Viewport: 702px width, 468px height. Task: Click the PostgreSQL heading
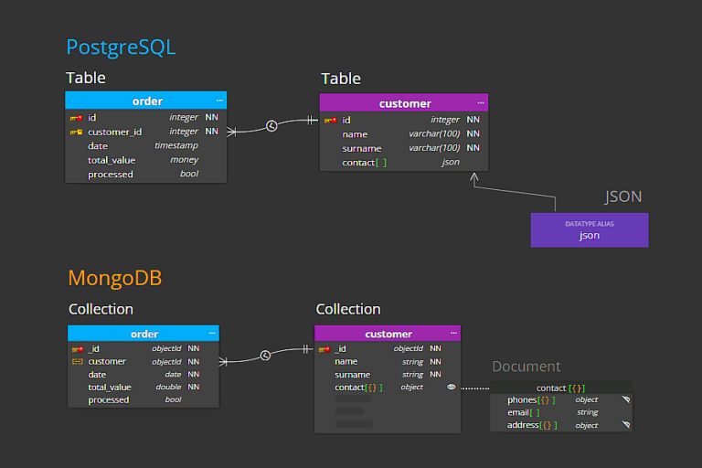coord(121,48)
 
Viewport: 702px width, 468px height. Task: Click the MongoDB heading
coord(114,278)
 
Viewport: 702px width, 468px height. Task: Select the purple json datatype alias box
coord(590,230)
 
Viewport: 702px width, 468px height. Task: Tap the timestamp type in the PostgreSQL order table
coord(175,145)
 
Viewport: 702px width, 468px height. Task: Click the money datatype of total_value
coord(184,160)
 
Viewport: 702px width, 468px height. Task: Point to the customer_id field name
coord(114,132)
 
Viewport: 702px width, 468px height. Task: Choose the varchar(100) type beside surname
coord(434,148)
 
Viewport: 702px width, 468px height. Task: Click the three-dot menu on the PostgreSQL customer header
coord(481,103)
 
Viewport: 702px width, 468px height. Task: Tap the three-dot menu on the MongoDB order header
coord(212,334)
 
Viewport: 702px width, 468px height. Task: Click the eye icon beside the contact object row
coord(452,387)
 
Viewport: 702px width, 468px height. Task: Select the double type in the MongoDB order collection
coord(168,387)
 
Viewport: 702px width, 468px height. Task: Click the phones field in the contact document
coord(522,400)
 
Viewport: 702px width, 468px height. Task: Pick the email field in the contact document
coord(518,412)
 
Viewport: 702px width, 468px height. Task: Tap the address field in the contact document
coord(523,425)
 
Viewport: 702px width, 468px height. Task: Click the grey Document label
coord(526,367)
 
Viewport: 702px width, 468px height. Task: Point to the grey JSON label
coord(622,197)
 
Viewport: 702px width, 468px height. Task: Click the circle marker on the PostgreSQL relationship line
coord(271,126)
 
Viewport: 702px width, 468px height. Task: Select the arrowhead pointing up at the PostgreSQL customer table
coord(474,177)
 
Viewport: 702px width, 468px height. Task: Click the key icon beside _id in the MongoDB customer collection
coord(324,349)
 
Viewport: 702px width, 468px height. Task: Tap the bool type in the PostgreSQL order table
coord(189,174)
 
